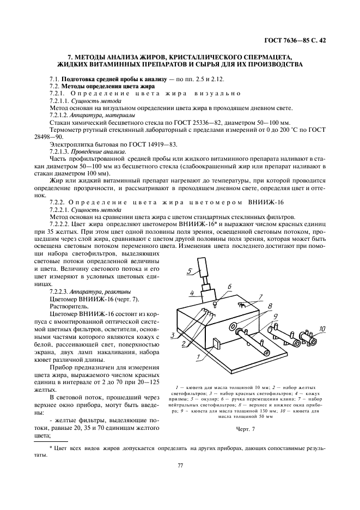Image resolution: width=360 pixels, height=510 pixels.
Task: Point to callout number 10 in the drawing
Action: (322, 329)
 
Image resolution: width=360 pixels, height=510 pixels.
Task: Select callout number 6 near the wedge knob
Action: (229, 286)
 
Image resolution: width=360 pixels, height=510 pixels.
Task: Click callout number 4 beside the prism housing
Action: (192, 293)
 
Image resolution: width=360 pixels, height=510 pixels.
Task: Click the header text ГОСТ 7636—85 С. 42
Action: (296, 40)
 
